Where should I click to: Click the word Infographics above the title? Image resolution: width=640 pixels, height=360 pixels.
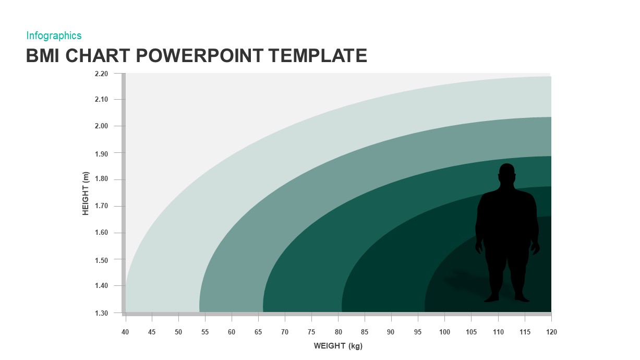[54, 35]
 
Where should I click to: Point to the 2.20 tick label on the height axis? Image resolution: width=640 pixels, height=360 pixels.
[101, 74]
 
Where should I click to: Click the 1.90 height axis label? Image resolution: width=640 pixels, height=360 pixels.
[101, 153]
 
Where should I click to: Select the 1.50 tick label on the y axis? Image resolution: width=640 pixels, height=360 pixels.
[101, 260]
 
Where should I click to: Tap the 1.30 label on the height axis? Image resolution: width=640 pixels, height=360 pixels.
[101, 313]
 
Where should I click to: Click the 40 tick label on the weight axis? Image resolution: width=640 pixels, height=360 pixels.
[125, 332]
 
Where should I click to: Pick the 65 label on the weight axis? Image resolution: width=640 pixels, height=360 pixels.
[258, 332]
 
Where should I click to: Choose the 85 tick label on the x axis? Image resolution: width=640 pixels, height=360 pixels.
[365, 332]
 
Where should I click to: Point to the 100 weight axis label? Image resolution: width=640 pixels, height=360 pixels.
[444, 332]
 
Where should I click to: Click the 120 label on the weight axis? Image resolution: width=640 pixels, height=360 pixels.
[551, 332]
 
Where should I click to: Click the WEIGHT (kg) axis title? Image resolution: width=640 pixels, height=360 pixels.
[337, 346]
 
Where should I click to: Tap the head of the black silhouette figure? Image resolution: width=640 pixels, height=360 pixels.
[506, 173]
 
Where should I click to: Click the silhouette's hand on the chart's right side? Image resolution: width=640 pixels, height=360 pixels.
[535, 248]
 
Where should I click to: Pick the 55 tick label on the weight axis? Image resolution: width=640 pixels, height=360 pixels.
[205, 332]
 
